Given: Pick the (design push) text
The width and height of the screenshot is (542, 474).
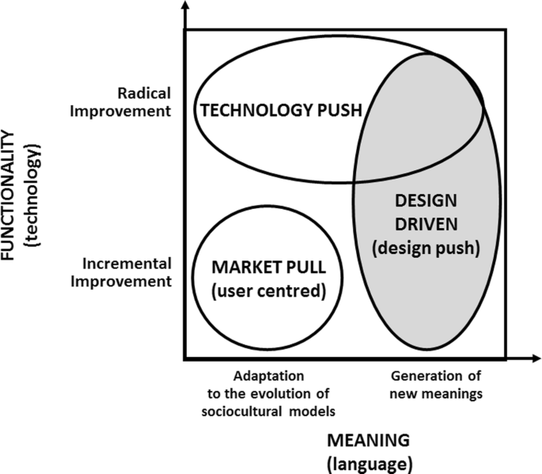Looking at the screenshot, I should pyautogui.click(x=426, y=248).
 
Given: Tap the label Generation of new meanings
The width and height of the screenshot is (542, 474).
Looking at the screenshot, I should pyautogui.click(x=436, y=383).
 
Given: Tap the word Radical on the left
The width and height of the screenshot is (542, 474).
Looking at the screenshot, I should pyautogui.click(x=144, y=93).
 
